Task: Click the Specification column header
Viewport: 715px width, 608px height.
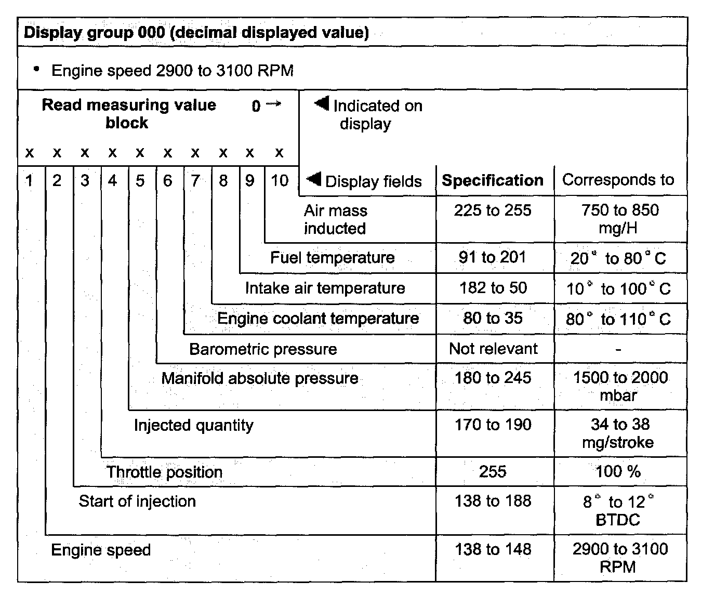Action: tap(492, 180)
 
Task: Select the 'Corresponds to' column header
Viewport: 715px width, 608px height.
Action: tap(618, 180)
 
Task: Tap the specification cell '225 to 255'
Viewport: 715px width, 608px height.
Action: tap(492, 210)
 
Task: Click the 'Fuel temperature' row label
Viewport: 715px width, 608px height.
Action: tap(332, 258)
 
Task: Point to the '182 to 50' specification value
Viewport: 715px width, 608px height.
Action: tap(493, 288)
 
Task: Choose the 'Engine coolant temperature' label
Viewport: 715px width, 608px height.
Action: tap(317, 318)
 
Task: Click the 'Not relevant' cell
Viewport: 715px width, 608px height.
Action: tap(493, 349)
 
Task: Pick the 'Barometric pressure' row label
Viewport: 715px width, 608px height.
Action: tap(262, 349)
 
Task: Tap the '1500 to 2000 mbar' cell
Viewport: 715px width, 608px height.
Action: tap(620, 386)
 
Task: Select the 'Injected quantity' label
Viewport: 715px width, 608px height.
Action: tap(193, 425)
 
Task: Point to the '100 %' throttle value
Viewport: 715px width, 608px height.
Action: tap(618, 471)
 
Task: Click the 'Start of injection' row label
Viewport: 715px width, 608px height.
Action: tap(137, 501)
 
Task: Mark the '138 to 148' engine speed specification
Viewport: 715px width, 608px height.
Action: tap(493, 549)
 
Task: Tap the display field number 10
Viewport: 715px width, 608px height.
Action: tap(279, 180)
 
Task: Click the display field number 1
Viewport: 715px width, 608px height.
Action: tap(29, 180)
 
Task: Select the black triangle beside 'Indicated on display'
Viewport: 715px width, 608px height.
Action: tap(322, 104)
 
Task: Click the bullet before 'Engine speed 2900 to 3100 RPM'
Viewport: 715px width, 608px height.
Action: tap(36, 69)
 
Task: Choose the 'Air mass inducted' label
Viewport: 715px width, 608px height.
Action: tap(335, 219)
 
